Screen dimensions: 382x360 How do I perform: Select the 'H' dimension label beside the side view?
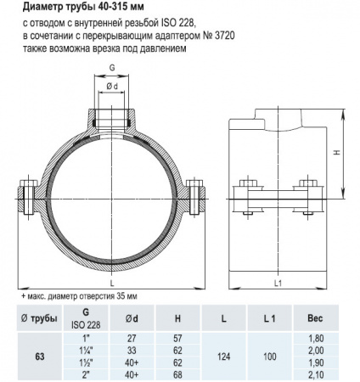click(x=337, y=153)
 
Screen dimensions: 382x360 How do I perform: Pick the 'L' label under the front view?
click(x=111, y=281)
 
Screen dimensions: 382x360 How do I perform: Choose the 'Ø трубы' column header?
click(x=39, y=317)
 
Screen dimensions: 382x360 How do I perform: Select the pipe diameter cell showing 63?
click(x=39, y=357)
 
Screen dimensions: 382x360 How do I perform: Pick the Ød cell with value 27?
click(x=131, y=339)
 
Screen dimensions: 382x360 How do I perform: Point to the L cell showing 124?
click(x=223, y=355)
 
